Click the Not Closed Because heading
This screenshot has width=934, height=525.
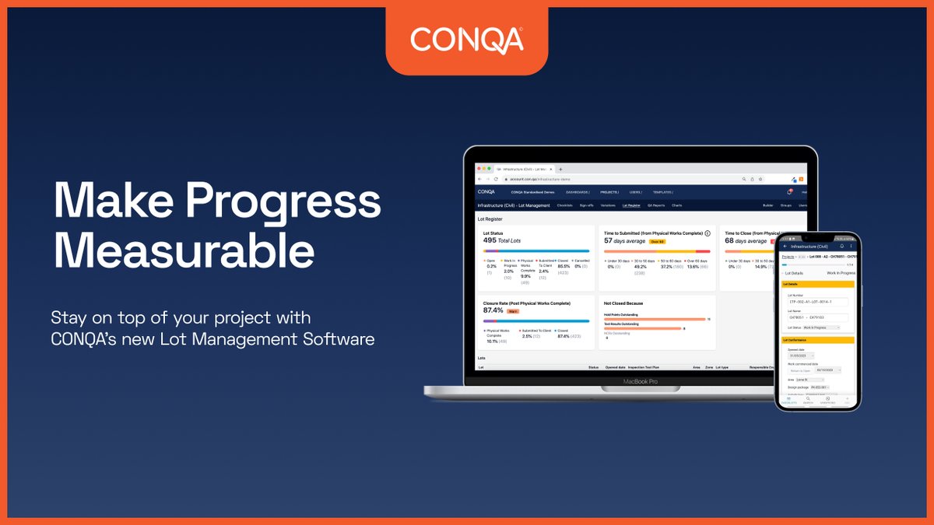624,303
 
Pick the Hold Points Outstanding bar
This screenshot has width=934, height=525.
655,319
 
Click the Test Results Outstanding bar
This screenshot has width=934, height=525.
642,328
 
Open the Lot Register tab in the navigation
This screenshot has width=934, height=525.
631,205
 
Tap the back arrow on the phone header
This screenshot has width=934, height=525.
785,246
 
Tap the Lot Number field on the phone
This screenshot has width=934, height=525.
817,302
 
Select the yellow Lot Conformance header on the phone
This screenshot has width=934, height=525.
818,340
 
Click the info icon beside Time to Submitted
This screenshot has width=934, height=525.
708,233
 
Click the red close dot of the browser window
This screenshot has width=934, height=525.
480,169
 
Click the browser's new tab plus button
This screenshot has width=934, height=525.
560,169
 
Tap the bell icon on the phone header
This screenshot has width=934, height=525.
841,246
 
